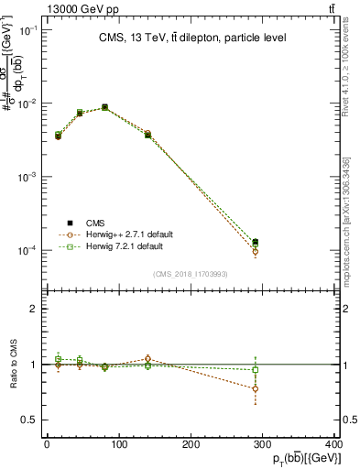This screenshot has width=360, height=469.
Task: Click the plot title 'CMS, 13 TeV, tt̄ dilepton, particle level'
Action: pyautogui.click(x=191, y=38)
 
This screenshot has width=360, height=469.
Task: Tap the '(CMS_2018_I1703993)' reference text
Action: pyautogui.click(x=191, y=273)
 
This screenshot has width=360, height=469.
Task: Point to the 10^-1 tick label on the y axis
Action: pyautogui.click(x=29, y=30)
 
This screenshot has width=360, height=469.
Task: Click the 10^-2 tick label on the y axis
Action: pyautogui.click(x=29, y=104)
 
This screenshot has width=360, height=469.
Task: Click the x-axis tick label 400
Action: pyautogui.click(x=334, y=445)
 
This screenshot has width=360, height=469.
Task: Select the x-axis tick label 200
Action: pyautogui.click(x=191, y=445)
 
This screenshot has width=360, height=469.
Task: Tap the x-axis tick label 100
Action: pyautogui.click(x=118, y=445)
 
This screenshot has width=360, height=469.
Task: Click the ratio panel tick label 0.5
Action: pyautogui.click(x=31, y=420)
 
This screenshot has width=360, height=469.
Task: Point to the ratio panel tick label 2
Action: pyautogui.click(x=34, y=309)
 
